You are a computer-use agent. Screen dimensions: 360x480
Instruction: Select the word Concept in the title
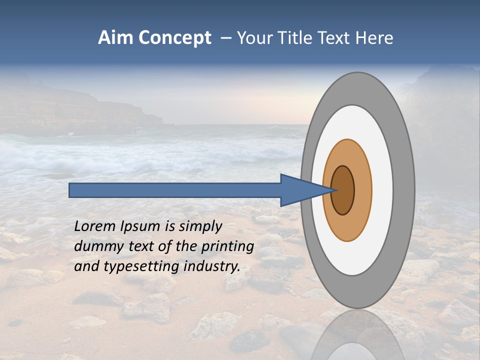(175, 38)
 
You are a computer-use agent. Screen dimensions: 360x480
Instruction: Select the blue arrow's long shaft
(175, 190)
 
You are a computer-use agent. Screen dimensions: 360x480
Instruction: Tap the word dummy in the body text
(95, 246)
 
